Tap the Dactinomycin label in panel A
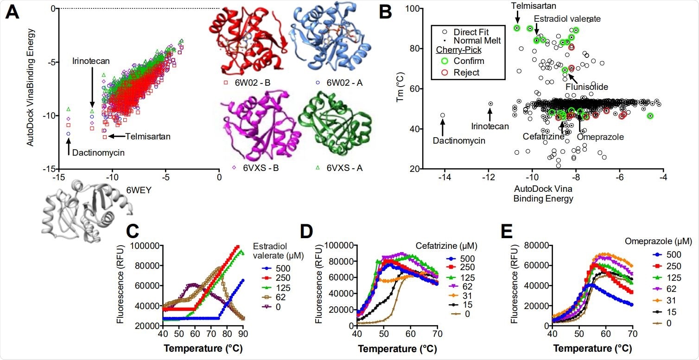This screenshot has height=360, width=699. click(x=95, y=152)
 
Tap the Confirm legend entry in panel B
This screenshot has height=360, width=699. click(x=469, y=61)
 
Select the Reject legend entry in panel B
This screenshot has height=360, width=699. click(x=466, y=72)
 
